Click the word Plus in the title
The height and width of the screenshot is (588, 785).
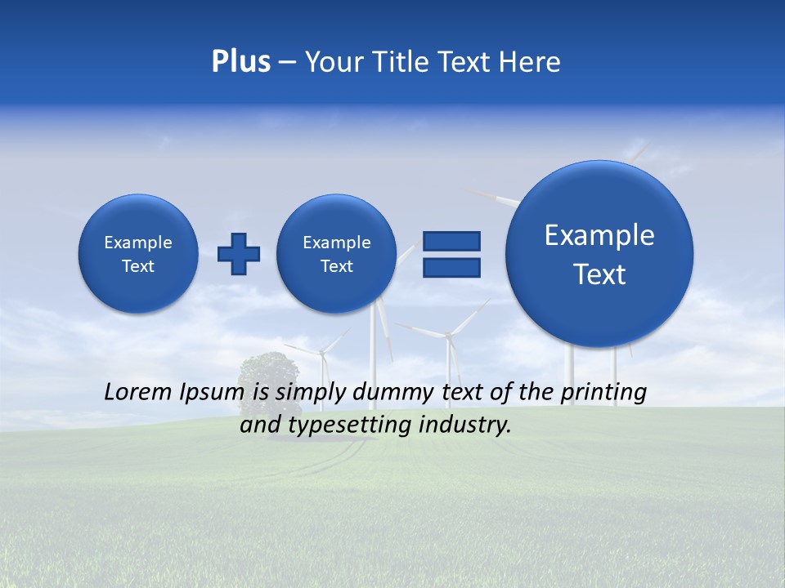240,62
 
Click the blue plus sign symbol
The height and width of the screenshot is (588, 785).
239,253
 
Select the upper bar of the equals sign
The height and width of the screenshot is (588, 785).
451,241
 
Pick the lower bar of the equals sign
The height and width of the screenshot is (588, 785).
451,267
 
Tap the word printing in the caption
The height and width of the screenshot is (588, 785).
603,393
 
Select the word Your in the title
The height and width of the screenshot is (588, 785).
335,62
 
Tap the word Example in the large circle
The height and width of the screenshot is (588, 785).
599,235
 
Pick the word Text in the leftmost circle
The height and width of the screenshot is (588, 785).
138,266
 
